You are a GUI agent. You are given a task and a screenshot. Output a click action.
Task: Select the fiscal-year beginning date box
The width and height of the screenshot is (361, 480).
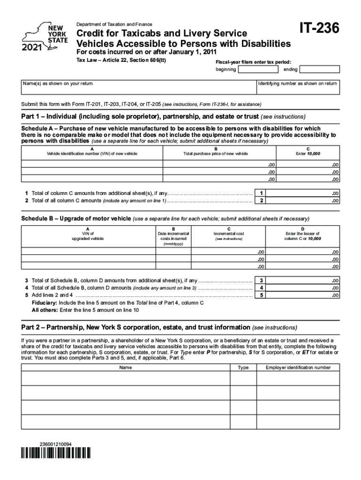click(x=257, y=70)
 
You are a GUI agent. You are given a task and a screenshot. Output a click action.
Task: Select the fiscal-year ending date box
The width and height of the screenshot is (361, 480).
click(x=319, y=70)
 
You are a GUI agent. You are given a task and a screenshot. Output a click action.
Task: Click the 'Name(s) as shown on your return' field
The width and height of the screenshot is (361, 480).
click(x=138, y=90)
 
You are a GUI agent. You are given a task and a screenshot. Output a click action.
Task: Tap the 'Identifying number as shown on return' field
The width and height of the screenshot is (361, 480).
click(x=298, y=90)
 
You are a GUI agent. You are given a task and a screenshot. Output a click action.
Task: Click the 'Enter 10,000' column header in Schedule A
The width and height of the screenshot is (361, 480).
click(x=307, y=154)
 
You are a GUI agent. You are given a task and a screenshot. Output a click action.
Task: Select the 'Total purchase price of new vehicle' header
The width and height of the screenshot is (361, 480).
click(x=215, y=154)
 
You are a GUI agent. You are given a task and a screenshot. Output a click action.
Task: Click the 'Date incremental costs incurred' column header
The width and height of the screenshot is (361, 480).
click(x=173, y=238)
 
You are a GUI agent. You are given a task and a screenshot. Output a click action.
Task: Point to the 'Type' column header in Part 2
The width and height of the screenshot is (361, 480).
click(x=243, y=368)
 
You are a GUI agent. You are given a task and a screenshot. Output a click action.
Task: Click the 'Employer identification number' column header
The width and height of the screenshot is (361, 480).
click(x=298, y=368)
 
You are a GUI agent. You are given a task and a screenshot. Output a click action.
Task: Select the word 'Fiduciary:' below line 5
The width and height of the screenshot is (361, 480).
click(x=45, y=303)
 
